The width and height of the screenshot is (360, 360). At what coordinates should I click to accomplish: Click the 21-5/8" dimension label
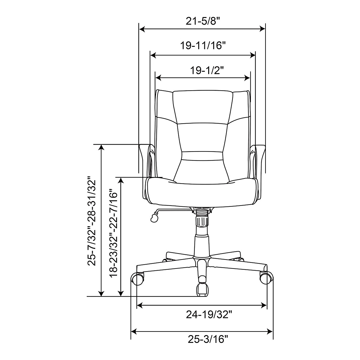tap(202, 22)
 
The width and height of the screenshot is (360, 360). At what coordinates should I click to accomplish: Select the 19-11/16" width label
tap(203, 46)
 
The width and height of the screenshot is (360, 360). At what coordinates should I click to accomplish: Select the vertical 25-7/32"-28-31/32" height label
tap(91, 223)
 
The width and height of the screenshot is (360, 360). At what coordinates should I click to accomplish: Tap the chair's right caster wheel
tap(266, 278)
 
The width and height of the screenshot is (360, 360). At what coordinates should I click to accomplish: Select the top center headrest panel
tap(203, 106)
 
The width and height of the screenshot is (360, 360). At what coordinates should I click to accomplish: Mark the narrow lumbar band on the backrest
tap(202, 156)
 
